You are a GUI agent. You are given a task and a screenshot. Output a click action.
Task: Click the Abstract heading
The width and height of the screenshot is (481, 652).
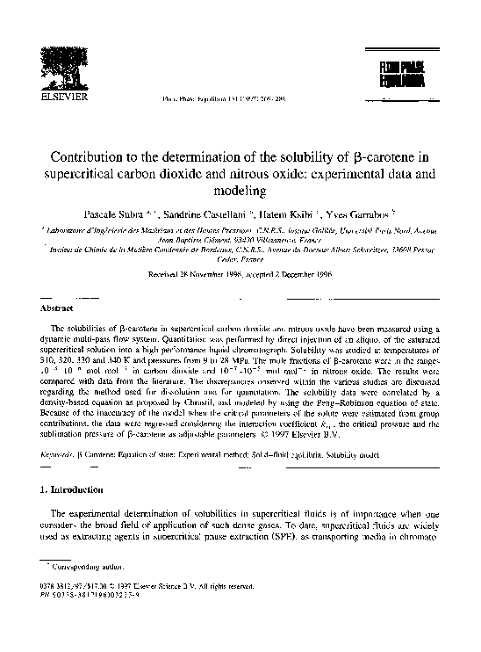[58, 308]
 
